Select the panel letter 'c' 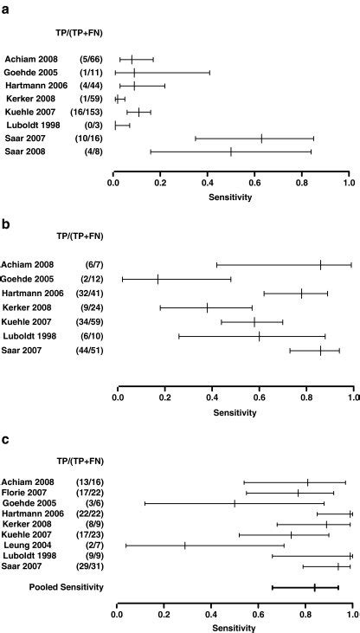point(6,440)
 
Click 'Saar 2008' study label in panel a point(27,152)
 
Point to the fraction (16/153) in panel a point(87,112)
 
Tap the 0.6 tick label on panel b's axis point(259,399)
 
